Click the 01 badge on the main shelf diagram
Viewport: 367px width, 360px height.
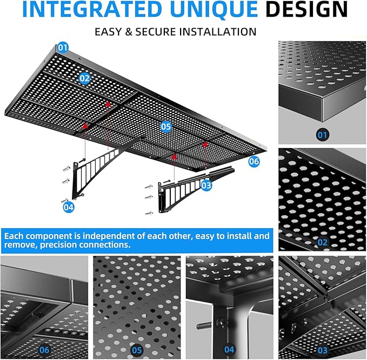63,48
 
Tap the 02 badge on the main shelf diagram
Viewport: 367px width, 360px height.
85,78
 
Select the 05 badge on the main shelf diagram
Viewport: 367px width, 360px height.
166,126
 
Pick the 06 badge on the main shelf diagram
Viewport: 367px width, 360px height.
253,161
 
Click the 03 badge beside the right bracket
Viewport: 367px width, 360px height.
206,185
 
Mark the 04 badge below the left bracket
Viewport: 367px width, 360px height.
69,206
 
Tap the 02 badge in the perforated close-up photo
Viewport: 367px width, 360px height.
322,242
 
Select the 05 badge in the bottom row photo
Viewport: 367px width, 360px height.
136,349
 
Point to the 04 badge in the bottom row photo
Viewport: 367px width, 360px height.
229,349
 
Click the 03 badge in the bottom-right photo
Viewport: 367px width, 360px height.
322,349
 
